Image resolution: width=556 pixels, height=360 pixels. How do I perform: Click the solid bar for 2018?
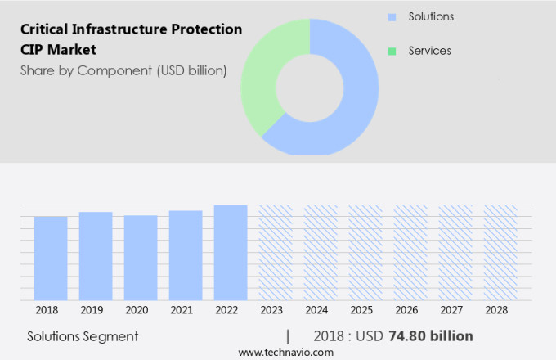click(51, 259)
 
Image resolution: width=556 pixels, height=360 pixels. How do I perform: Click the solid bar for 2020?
click(141, 258)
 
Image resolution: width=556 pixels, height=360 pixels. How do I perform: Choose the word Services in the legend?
click(429, 51)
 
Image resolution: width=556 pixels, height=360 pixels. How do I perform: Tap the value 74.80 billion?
click(431, 335)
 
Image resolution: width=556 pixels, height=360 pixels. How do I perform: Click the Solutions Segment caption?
click(83, 336)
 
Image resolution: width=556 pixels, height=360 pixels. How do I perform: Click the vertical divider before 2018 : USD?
click(288, 335)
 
